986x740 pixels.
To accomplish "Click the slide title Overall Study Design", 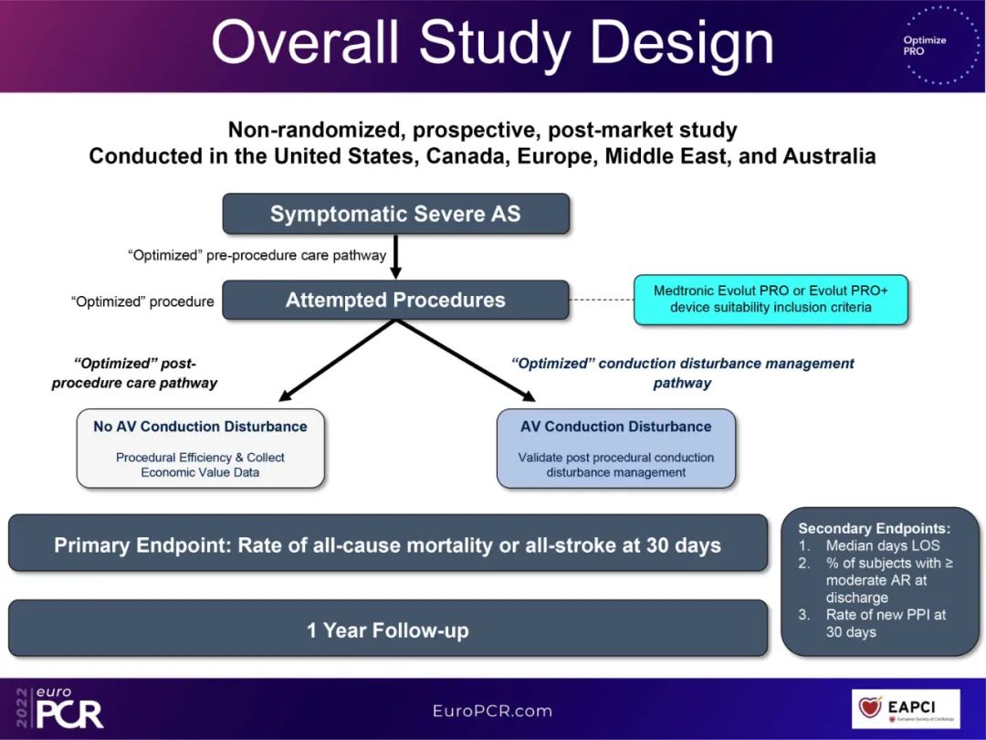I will click(492, 42).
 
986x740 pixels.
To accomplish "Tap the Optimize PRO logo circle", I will click(924, 46).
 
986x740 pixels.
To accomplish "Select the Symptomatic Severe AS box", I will click(395, 214).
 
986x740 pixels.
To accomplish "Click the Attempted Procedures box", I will click(395, 300).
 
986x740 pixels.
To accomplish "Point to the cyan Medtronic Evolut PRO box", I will click(771, 299).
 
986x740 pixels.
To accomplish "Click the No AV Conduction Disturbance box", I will click(200, 448).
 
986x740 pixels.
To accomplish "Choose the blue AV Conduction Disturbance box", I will click(616, 448).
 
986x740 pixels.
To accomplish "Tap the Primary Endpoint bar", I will click(388, 544).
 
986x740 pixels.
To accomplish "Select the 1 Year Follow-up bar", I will click(388, 629).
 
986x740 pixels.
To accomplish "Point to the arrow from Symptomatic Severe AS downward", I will click(395, 257).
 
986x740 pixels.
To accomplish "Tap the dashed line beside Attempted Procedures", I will click(601, 300).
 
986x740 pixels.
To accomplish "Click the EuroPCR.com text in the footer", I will click(492, 710).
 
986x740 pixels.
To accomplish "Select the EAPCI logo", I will click(906, 709).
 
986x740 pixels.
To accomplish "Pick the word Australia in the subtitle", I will click(824, 156).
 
